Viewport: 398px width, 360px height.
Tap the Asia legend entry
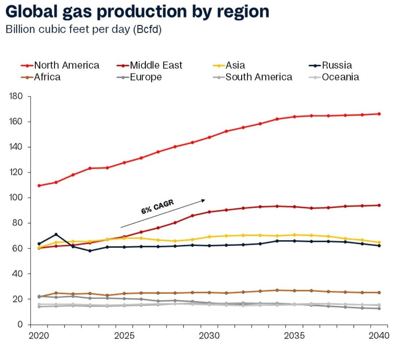pos(235,65)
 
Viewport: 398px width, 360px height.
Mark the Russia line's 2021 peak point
pos(56,234)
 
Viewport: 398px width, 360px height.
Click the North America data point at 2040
pos(379,114)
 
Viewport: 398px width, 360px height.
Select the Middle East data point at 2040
pos(379,205)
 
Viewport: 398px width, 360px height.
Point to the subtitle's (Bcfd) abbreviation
pos(147,30)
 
